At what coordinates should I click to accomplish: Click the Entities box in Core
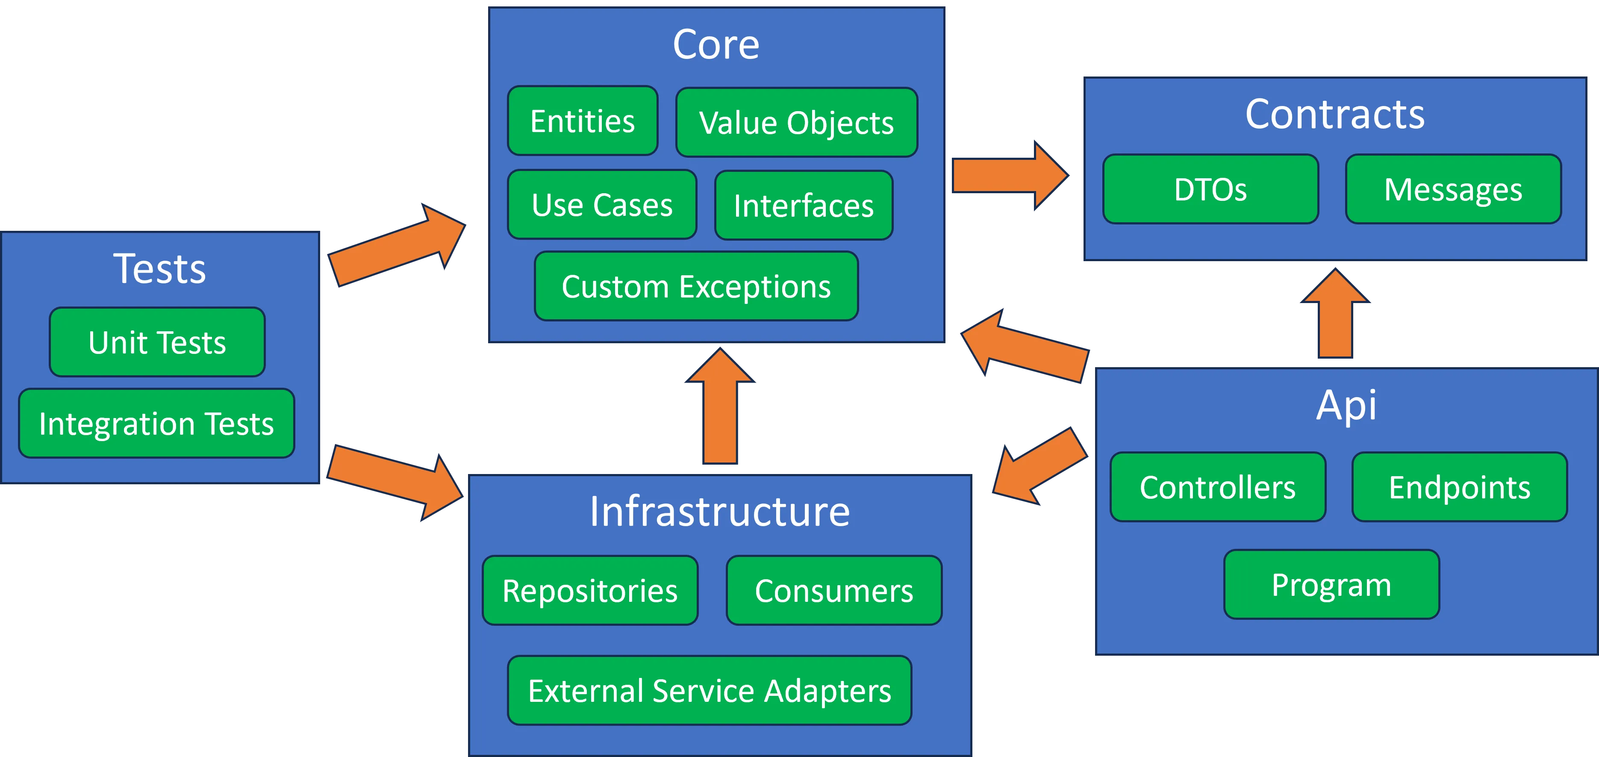click(x=582, y=121)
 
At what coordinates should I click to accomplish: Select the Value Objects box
click(x=796, y=122)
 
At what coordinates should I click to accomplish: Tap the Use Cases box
click(x=602, y=204)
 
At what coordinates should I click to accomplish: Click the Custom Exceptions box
click(x=696, y=286)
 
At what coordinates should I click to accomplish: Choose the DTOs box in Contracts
click(x=1210, y=189)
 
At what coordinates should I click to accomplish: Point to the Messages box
click(x=1453, y=189)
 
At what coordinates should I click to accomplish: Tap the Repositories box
click(x=590, y=590)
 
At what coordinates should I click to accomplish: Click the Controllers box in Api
click(x=1218, y=487)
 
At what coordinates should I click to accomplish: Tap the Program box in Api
click(x=1331, y=584)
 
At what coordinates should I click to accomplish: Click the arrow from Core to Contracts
click(x=1010, y=176)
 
